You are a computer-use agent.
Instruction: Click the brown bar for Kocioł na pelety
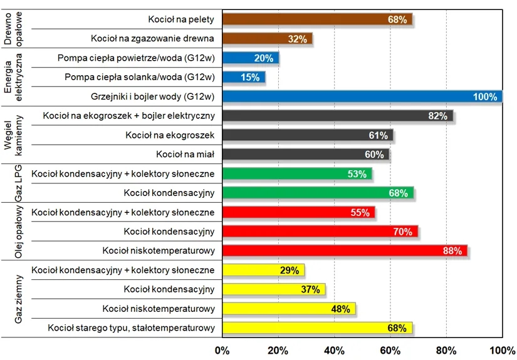[x=316, y=19]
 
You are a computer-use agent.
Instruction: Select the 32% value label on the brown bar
[x=297, y=39]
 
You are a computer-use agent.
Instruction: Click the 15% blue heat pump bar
[x=243, y=78]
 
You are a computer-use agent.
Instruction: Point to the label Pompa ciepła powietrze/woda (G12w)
[x=136, y=58]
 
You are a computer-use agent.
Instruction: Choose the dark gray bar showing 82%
[x=337, y=116]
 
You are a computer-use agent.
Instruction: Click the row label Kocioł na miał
[x=185, y=154]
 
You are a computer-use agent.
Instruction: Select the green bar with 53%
[x=296, y=173]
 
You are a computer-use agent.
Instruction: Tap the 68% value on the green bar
[x=398, y=193]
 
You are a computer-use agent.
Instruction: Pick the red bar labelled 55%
[x=298, y=212]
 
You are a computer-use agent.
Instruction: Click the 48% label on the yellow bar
[x=340, y=309]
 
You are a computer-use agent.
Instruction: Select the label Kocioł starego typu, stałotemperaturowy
[x=131, y=327]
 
